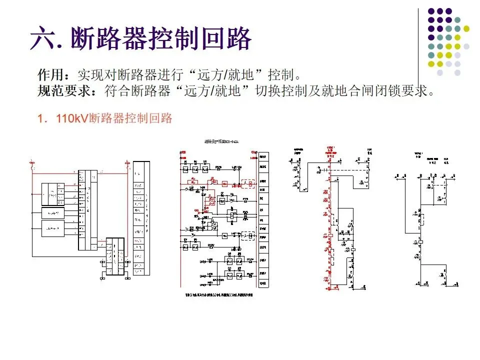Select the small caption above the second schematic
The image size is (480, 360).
click(x=218, y=141)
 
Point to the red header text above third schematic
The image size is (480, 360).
click(x=330, y=150)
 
